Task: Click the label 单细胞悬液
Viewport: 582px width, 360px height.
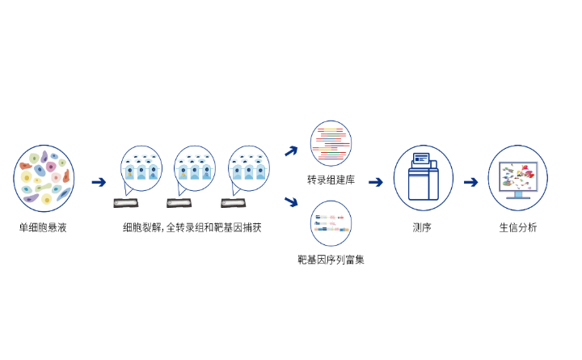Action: click(43, 228)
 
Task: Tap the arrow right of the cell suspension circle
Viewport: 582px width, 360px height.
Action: click(99, 182)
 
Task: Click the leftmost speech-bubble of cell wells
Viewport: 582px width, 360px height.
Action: click(141, 168)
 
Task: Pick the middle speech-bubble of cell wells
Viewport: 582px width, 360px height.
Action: click(194, 168)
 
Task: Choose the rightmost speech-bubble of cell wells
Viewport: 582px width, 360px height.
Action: click(248, 168)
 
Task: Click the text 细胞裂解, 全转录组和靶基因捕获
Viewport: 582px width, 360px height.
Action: click(192, 228)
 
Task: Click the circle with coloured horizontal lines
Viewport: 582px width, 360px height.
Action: click(331, 143)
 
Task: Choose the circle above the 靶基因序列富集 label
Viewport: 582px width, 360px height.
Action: click(331, 223)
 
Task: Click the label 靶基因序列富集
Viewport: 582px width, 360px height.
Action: click(331, 260)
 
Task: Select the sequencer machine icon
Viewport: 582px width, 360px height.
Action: click(423, 178)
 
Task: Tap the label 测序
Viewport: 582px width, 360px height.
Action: click(422, 228)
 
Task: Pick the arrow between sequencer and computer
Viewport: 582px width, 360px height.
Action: click(470, 182)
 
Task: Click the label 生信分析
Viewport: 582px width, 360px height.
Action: click(517, 228)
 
